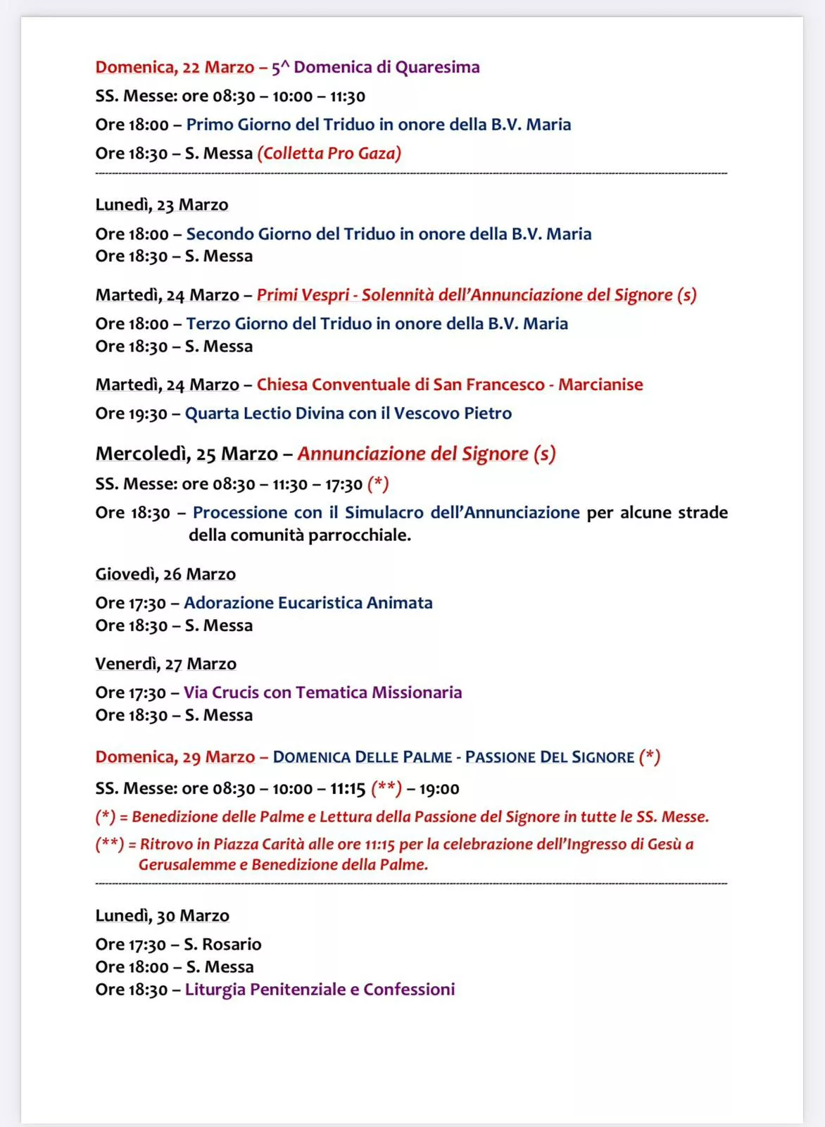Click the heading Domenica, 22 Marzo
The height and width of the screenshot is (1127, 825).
point(175,68)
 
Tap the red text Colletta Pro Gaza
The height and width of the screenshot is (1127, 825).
point(329,154)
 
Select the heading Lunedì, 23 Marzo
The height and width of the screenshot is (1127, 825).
point(162,205)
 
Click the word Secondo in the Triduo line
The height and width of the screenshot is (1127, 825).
point(220,234)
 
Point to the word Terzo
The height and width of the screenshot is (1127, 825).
point(208,324)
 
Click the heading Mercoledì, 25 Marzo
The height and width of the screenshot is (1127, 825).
point(187,454)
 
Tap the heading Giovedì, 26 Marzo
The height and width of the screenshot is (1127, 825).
point(165,575)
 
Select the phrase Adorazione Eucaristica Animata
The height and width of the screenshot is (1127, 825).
point(308,603)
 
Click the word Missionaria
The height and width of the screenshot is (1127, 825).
point(417,693)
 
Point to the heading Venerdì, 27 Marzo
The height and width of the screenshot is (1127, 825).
point(165,664)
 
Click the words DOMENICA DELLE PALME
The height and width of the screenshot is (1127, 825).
point(362,757)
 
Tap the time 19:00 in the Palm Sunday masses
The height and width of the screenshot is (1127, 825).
point(439,789)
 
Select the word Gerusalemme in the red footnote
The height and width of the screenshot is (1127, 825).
point(187,865)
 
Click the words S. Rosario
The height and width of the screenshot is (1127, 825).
point(222,945)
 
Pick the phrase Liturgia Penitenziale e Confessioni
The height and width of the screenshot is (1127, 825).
point(320,990)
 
